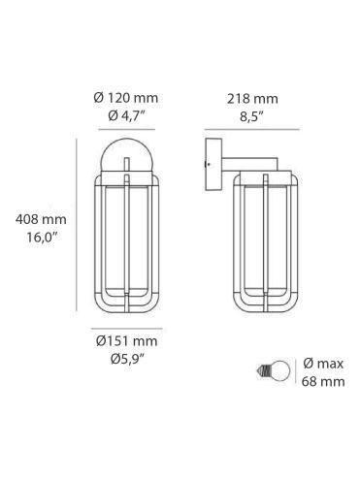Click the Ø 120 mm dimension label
pos(125,99)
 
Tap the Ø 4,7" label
pos(125,116)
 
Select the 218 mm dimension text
pos(251,99)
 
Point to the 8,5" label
pos(251,116)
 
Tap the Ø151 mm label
pos(126,341)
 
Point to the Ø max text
pos(324,364)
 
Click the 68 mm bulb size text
pos(324,382)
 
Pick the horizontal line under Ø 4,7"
pos(125,130)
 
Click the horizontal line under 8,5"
pos(250,130)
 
